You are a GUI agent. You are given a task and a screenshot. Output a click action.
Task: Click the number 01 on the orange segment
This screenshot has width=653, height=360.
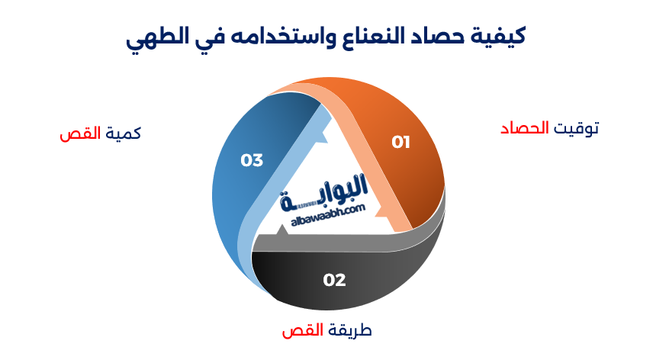click(x=401, y=143)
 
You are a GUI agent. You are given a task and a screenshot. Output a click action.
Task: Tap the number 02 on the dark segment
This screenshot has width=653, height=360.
click(x=334, y=280)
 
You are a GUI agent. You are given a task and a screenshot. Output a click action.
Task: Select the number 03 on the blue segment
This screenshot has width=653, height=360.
click(x=252, y=160)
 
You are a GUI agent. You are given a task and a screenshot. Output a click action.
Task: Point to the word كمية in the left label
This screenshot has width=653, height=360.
click(x=123, y=133)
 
